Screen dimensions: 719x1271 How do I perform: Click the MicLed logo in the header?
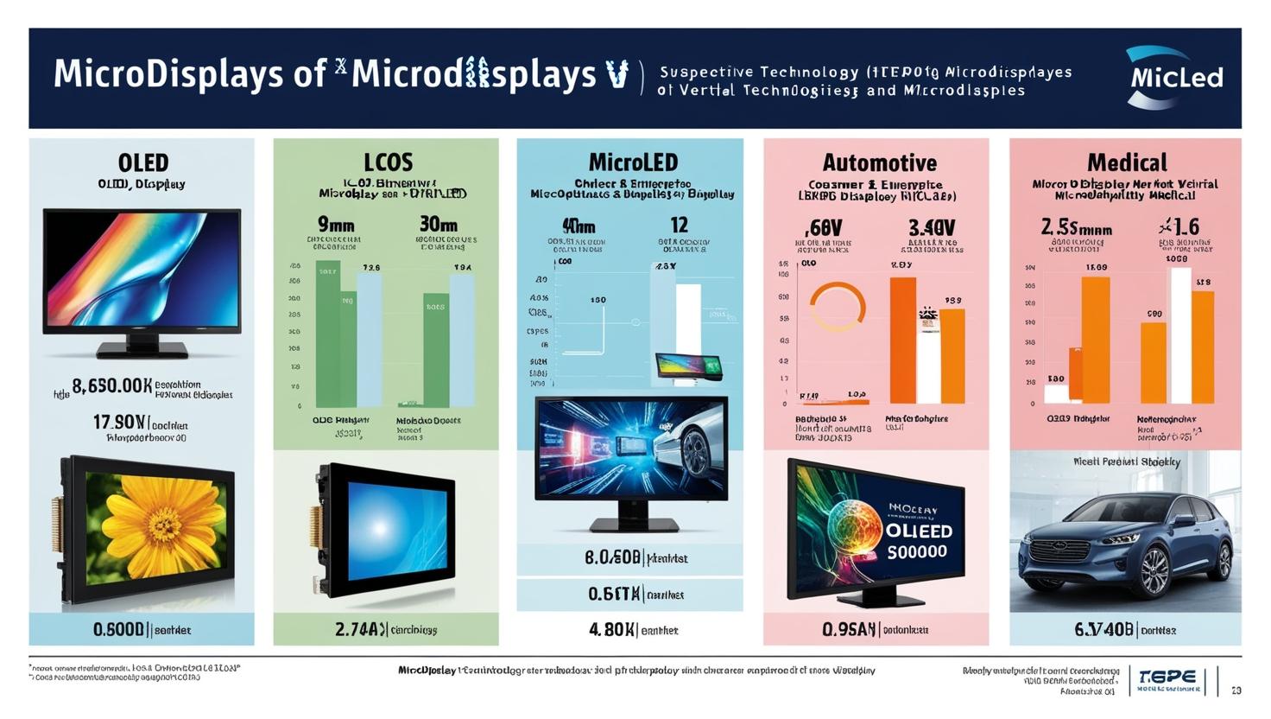(1174, 78)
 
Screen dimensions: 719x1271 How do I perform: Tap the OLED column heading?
(143, 162)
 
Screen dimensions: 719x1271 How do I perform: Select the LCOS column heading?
(388, 162)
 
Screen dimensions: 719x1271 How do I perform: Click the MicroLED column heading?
(633, 162)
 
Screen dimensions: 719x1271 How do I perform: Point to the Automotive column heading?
(879, 162)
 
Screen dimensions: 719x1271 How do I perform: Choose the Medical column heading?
(1127, 162)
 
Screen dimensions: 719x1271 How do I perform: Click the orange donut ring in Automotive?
(837, 307)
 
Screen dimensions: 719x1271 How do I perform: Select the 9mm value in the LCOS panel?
(336, 225)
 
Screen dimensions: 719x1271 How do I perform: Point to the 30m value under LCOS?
(438, 225)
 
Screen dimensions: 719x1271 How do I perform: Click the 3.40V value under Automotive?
(932, 227)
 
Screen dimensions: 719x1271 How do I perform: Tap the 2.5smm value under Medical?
(1076, 227)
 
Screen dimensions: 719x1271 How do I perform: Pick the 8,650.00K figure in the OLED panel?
(112, 385)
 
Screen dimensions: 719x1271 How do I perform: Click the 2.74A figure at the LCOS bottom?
(361, 630)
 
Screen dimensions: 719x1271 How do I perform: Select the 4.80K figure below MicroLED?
(612, 630)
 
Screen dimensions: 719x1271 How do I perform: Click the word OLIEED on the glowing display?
(919, 531)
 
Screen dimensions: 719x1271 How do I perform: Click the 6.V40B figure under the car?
(1103, 630)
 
